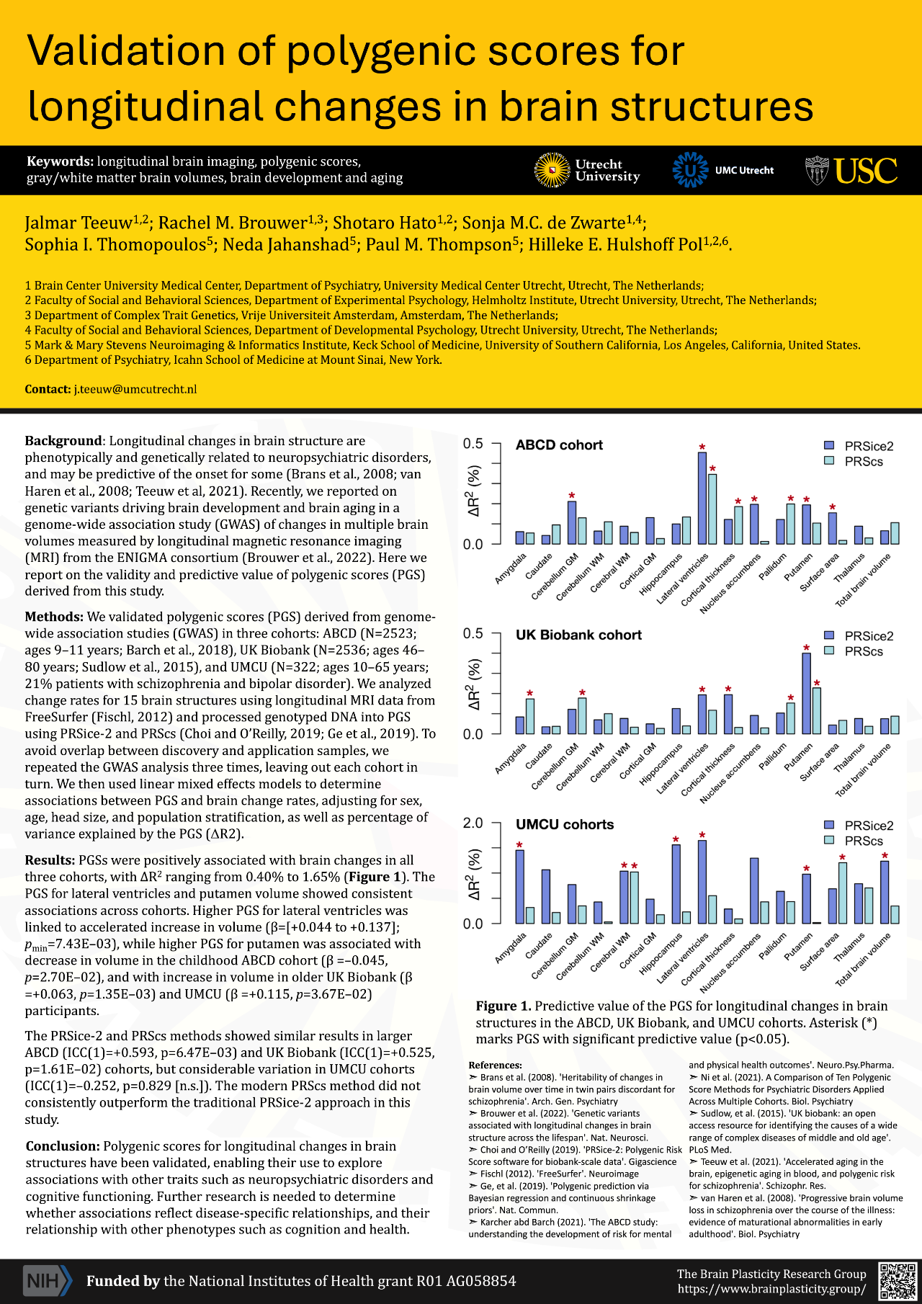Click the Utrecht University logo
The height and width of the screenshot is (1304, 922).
point(587,170)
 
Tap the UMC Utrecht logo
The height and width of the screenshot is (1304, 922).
point(723,170)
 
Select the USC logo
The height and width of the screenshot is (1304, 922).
point(851,171)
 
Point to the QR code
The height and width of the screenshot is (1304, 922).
point(897,1280)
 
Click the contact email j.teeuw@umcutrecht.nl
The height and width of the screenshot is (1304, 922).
point(135,389)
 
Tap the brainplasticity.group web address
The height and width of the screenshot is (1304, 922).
point(771,1288)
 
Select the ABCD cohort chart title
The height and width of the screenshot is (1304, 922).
point(559,445)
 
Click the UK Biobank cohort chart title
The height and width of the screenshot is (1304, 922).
point(578,635)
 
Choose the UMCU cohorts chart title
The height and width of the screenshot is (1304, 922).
point(565,824)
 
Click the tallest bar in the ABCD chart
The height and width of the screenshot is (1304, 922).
point(702,498)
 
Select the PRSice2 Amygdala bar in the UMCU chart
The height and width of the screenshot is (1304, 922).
point(519,887)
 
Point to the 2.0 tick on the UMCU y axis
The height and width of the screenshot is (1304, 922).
point(473,823)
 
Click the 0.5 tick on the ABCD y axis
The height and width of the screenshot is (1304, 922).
point(473,444)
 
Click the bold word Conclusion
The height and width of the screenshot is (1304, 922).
point(63,1146)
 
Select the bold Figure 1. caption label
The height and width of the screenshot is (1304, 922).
point(503,1006)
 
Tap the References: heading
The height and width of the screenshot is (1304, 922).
point(495,1065)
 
